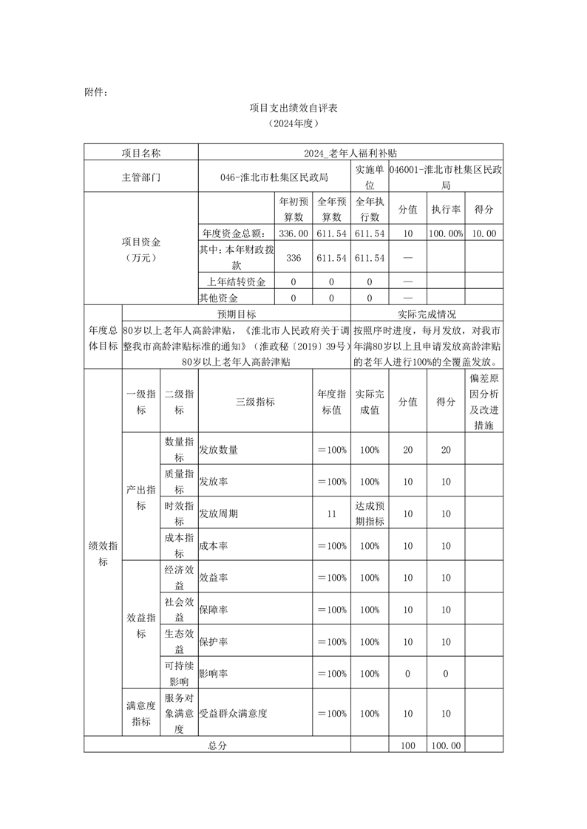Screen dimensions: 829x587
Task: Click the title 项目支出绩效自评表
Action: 293,108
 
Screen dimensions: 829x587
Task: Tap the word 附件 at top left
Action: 95,92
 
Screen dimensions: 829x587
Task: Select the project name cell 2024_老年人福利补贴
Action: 350,153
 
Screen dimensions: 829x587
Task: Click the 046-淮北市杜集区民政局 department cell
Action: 274,178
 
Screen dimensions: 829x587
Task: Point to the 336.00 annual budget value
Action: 293,233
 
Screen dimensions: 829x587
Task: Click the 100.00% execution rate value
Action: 446,233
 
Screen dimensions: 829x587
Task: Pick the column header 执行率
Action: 446,209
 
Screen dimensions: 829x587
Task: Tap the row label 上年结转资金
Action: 237,282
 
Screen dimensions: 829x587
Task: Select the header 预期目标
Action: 237,313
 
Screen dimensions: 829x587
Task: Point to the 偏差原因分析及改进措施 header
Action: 484,401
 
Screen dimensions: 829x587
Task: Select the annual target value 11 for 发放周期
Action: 331,513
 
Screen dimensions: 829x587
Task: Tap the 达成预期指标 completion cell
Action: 370,513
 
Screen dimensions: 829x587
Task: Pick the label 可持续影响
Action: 179,673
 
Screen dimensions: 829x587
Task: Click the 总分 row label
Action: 217,746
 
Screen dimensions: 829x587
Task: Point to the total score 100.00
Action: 446,746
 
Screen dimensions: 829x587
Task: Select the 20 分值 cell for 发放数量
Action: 407,449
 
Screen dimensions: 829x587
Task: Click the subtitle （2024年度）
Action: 293,125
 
